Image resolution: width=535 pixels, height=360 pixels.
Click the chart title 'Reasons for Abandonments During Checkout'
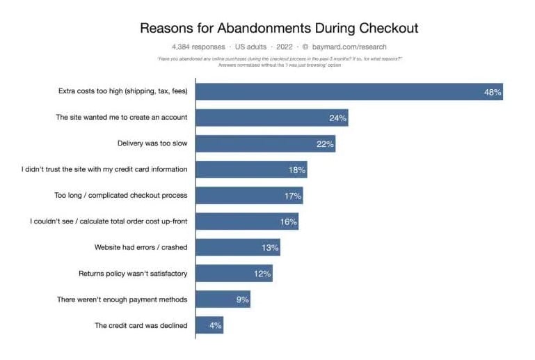pos(279,29)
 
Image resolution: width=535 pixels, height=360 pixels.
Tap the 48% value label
pos(493,92)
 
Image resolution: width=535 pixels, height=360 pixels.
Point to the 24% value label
pos(338,118)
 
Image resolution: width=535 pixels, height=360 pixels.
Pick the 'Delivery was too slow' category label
pos(152,143)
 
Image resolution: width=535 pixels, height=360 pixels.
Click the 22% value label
pos(326,144)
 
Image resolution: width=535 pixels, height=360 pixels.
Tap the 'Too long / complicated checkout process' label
pos(121,196)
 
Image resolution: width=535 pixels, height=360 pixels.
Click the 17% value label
pos(292,196)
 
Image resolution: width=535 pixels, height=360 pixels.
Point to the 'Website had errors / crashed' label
pos(141,247)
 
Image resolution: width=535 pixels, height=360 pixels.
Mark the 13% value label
pos(271,248)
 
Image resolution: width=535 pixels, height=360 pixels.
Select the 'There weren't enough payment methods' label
pos(122,299)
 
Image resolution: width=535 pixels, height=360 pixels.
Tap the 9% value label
pos(241,299)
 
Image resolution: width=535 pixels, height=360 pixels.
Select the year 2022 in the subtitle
pos(285,47)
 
